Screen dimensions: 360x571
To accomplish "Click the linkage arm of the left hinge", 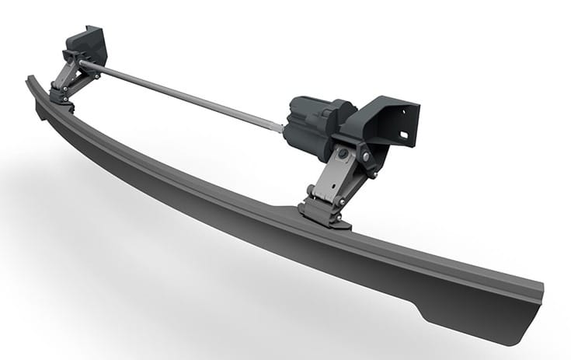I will [66, 78].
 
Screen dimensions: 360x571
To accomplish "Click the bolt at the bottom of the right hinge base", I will [333, 221].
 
